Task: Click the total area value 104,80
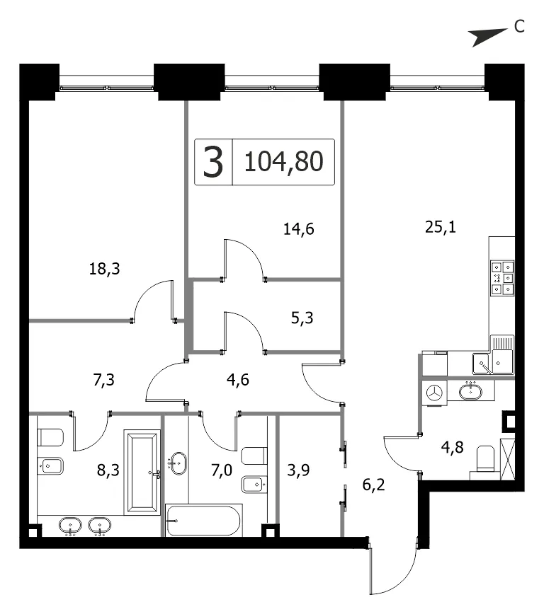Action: click(283, 161)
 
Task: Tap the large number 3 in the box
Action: click(213, 162)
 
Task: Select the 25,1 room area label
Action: click(441, 227)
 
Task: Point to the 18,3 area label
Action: click(104, 269)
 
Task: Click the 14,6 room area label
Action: click(298, 229)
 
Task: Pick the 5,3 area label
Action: click(302, 318)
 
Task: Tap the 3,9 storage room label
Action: click(298, 470)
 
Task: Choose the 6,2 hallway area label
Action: click(373, 485)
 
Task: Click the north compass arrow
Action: click(489, 37)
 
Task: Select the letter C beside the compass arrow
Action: click(519, 27)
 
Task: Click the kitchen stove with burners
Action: click(502, 278)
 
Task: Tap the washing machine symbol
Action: click(434, 393)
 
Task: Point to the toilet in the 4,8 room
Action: click(485, 460)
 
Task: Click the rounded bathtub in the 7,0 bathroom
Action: click(203, 521)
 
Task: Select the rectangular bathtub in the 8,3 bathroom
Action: click(142, 473)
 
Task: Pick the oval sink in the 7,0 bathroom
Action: click(178, 463)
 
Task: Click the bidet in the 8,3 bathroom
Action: click(50, 466)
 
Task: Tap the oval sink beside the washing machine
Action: click(470, 391)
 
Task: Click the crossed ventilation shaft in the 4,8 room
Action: click(507, 459)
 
